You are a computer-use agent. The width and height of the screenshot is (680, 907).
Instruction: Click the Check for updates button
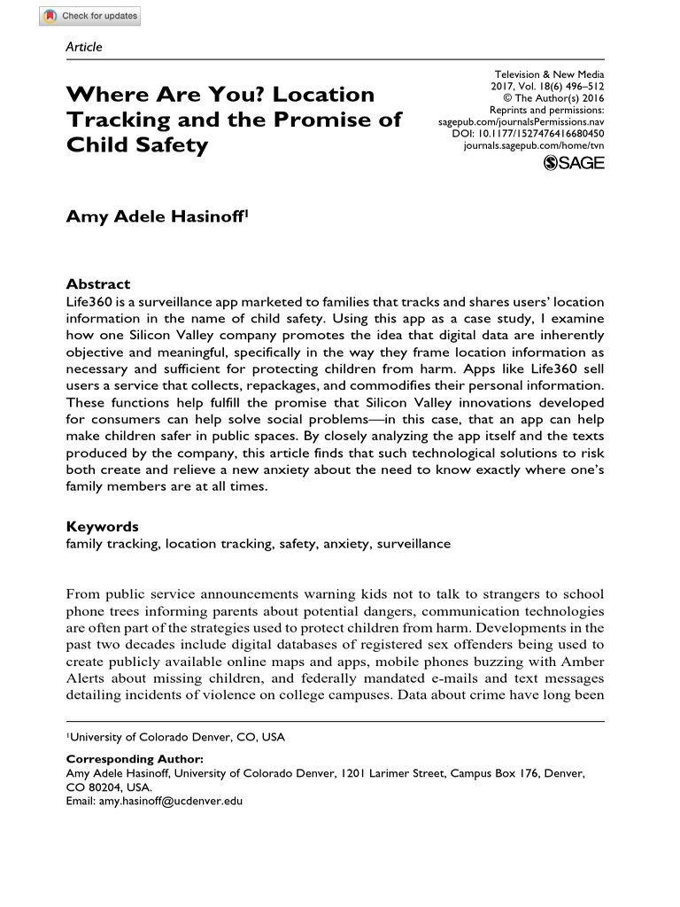click(x=90, y=16)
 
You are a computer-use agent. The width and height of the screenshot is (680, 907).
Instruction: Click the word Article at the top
click(x=85, y=46)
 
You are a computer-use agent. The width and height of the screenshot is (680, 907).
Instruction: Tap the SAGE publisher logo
click(x=574, y=162)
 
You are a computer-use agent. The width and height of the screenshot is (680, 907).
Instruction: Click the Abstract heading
click(x=98, y=284)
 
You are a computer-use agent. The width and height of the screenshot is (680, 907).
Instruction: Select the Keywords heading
click(x=103, y=526)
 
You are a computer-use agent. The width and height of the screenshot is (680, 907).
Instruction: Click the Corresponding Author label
click(x=135, y=759)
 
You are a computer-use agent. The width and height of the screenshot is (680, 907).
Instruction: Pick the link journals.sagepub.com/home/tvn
click(x=534, y=143)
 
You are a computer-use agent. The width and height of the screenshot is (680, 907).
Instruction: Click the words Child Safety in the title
click(x=137, y=144)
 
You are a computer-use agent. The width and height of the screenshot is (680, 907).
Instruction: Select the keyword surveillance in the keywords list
click(x=413, y=543)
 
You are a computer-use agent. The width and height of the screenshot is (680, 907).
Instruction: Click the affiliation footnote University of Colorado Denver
click(x=177, y=736)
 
